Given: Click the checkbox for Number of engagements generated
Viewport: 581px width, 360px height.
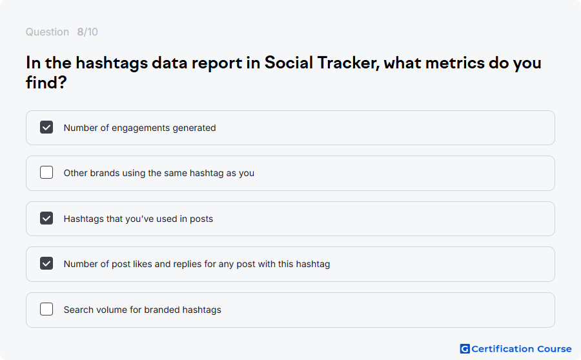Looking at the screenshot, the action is pyautogui.click(x=46, y=127).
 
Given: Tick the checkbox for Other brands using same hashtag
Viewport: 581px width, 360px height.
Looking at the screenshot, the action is pyautogui.click(x=46, y=172).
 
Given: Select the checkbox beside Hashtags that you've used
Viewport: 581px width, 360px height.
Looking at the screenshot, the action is pyautogui.click(x=46, y=218).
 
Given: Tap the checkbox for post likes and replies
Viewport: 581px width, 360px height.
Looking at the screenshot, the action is pyautogui.click(x=46, y=263).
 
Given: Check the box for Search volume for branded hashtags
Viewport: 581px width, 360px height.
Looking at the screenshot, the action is pyautogui.click(x=46, y=309).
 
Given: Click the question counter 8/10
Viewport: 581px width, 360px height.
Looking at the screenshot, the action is pyautogui.click(x=87, y=32).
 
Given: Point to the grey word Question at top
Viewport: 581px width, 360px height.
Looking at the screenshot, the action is pyautogui.click(x=47, y=32).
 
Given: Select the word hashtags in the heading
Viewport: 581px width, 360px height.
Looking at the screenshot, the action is pyautogui.click(x=112, y=63).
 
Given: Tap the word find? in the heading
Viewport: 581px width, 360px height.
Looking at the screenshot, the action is pyautogui.click(x=46, y=82).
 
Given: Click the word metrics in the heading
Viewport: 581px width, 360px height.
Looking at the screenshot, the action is pyautogui.click(x=454, y=63).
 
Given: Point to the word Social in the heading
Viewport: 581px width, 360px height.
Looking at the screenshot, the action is pyautogui.click(x=289, y=63).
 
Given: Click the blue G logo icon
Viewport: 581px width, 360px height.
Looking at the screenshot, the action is pyautogui.click(x=465, y=349).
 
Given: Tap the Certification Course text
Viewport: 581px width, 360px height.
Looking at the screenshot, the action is pyautogui.click(x=522, y=349).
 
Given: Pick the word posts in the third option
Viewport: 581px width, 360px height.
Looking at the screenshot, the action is pyautogui.click(x=201, y=219).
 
